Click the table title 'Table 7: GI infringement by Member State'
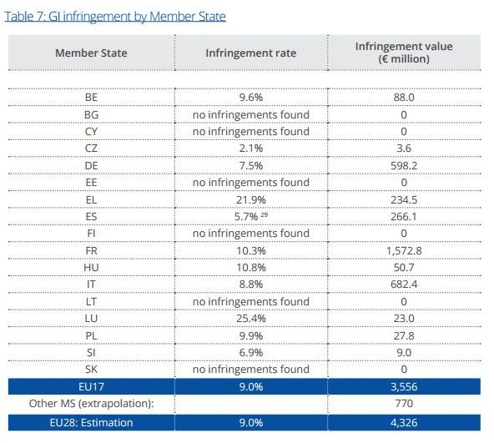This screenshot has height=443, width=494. tap(115, 17)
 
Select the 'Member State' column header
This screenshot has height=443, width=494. tap(91, 53)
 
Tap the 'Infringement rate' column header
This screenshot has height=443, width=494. tap(251, 53)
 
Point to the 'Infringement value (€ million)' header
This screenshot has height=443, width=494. tap(404, 53)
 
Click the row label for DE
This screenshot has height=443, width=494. tap(91, 166)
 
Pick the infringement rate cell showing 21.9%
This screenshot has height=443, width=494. tap(251, 199)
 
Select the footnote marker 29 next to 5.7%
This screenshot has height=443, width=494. tap(265, 214)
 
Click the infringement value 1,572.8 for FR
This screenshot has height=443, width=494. tap(404, 251)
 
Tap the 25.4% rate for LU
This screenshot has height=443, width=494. tap(251, 318)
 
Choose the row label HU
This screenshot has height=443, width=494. tap(91, 268)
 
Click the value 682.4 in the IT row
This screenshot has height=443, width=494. tap(404, 284)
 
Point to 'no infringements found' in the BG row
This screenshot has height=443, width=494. tap(251, 114)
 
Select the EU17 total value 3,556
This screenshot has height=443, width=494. tap(404, 386)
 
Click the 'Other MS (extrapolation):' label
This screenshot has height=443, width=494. tap(91, 404)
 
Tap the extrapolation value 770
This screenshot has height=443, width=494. tap(404, 404)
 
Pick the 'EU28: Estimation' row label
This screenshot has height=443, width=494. tap(91, 422)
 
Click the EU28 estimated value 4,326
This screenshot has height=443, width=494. tap(404, 422)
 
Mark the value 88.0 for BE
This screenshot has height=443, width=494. tap(404, 97)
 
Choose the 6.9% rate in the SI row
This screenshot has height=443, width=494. tap(251, 352)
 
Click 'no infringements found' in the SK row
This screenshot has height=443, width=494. tap(251, 369)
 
